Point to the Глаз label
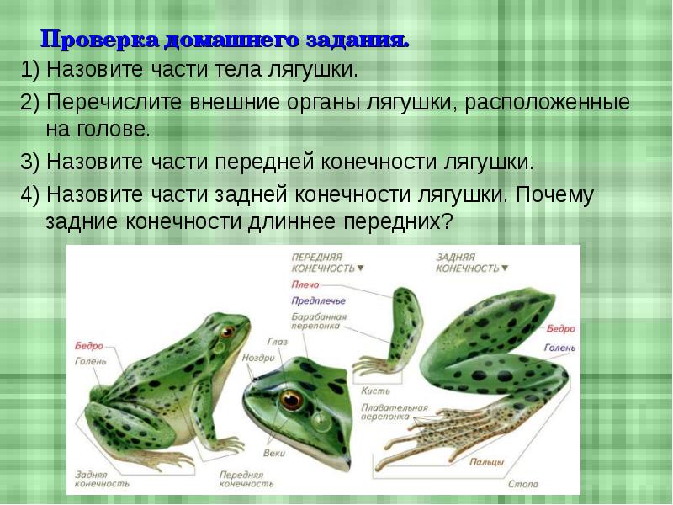click(x=278, y=342)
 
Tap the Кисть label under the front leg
click(x=374, y=391)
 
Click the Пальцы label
click(x=487, y=462)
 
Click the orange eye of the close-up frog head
click(x=292, y=397)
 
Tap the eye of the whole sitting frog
click(x=225, y=331)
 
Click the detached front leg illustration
click(x=400, y=328)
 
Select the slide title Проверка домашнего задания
click(x=225, y=40)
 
